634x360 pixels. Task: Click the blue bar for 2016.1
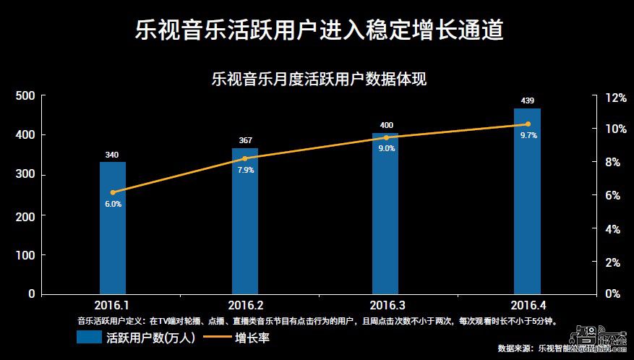click(x=112, y=228)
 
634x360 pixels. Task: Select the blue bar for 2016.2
click(x=244, y=220)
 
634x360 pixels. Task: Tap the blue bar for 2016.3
click(x=385, y=213)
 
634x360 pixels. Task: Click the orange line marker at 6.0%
click(x=112, y=192)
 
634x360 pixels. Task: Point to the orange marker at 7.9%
click(x=244, y=158)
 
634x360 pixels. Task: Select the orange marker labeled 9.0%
click(x=386, y=137)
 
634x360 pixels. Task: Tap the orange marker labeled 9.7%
click(x=528, y=124)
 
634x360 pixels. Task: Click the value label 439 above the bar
click(x=527, y=100)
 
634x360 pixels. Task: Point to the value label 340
click(x=112, y=154)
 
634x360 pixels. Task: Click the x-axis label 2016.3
click(x=386, y=304)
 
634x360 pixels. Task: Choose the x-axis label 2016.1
click(x=112, y=304)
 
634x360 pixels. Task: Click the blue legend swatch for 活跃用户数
click(x=88, y=337)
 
